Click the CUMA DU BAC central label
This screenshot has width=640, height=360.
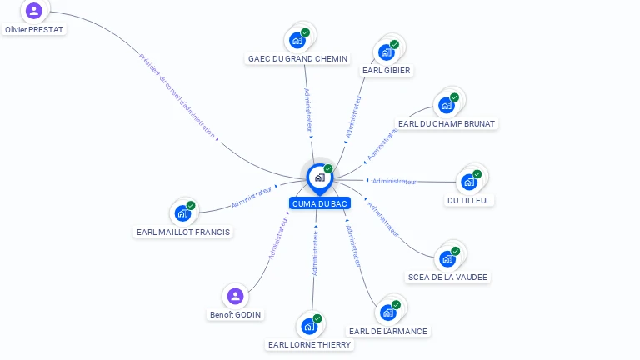(320, 203)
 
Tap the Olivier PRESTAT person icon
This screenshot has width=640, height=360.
(34, 11)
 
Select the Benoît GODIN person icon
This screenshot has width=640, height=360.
(235, 296)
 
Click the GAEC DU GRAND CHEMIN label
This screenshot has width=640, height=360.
(297, 58)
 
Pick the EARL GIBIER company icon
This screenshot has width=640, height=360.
(387, 52)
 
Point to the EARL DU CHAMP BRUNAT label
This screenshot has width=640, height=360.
(447, 124)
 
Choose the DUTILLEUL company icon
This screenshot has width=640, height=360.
(469, 181)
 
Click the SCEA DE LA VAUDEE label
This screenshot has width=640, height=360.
(447, 277)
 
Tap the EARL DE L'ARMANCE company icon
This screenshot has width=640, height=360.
(388, 312)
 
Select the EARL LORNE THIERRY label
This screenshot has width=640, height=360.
(310, 344)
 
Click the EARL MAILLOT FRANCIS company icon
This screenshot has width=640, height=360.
(183, 213)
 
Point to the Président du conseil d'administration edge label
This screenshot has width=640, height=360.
(177, 96)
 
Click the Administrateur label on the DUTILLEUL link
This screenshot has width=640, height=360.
(394, 181)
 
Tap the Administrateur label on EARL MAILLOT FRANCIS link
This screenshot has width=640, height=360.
(252, 197)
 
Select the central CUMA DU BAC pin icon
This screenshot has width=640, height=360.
(319, 177)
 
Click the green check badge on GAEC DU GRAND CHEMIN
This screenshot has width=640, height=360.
(306, 32)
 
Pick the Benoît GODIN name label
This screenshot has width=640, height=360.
(235, 314)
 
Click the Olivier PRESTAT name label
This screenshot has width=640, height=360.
(34, 29)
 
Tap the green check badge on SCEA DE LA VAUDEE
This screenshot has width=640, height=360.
(456, 251)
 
